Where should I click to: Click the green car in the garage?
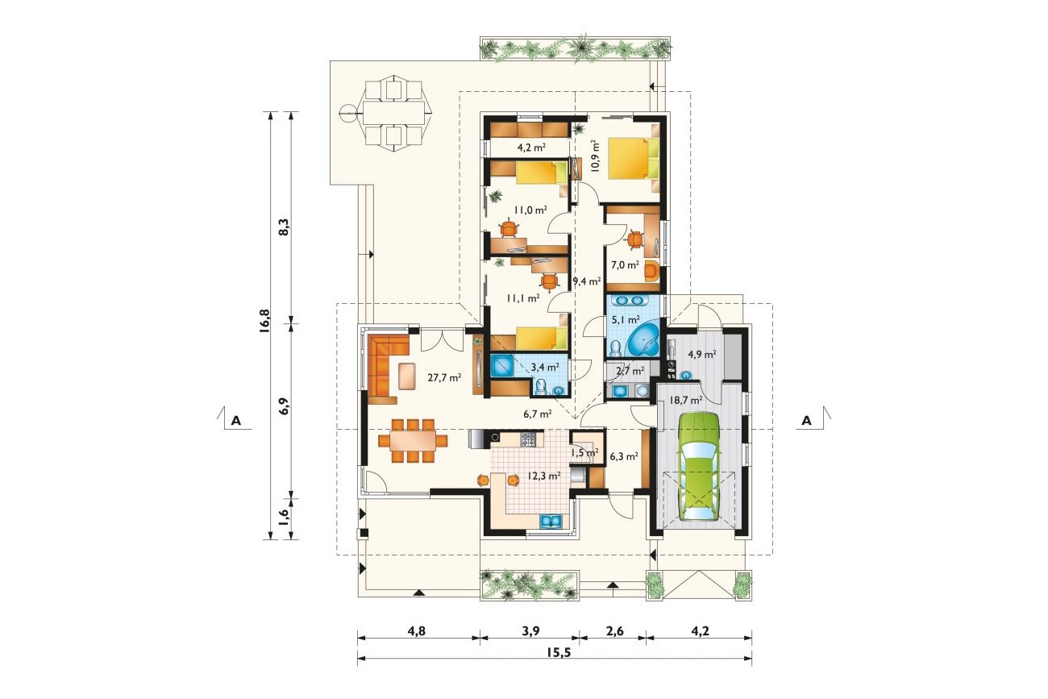point(700,467)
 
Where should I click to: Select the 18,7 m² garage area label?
point(686,400)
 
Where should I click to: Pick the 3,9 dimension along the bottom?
point(530,631)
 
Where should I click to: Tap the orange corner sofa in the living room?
point(386,368)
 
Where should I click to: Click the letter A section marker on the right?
point(807,421)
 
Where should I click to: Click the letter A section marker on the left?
point(236,421)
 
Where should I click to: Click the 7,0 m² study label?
point(625,264)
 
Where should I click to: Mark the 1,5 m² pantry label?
point(584,453)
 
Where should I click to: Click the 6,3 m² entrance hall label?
point(625,456)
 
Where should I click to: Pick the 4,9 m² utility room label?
point(702,354)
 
